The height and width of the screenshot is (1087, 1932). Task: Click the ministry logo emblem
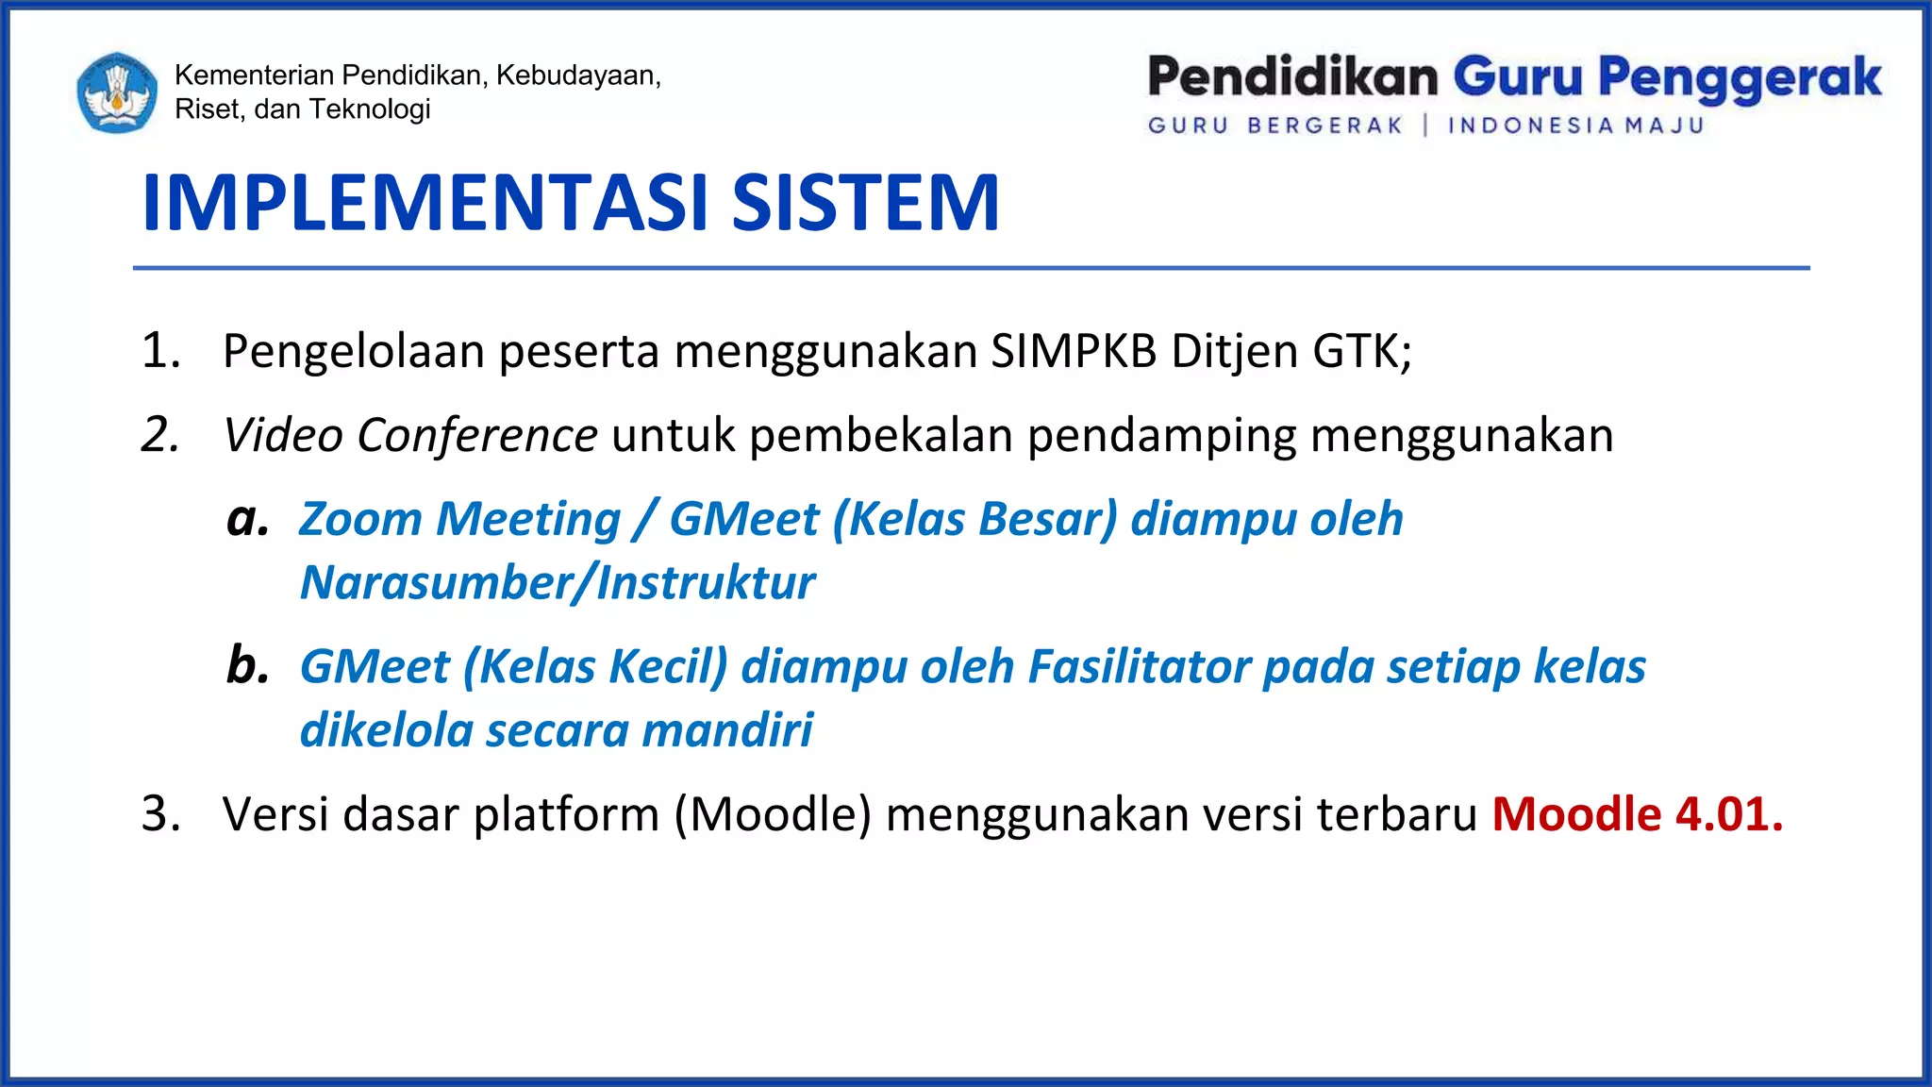pos(117,92)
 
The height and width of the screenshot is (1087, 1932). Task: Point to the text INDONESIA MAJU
pos(1575,125)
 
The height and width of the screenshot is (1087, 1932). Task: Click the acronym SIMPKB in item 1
pos(1074,351)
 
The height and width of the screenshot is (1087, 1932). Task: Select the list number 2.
pos(160,436)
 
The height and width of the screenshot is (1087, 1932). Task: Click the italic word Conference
pos(476,436)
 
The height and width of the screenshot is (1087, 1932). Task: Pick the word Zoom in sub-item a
pos(360,519)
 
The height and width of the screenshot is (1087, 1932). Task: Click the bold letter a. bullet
pos(247,519)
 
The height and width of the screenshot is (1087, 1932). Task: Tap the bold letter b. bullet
pos(247,665)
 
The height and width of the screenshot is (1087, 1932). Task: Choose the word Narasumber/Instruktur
pos(557,582)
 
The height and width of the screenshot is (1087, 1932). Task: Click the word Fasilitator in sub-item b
pos(1139,666)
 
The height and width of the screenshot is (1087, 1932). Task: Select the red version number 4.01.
pos(1728,814)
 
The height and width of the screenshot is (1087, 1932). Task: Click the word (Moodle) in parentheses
pos(773,814)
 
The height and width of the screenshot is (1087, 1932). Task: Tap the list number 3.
pos(160,814)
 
